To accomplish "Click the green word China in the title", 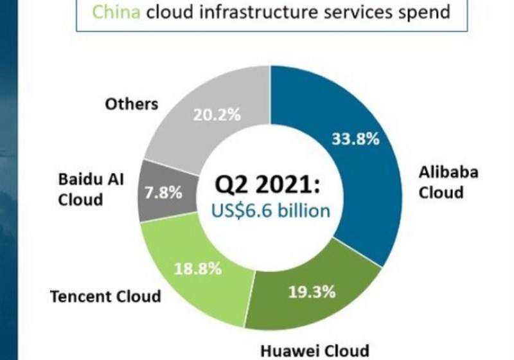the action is tap(116, 12).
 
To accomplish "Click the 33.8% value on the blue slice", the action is tap(356, 139).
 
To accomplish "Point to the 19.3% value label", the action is tap(312, 291).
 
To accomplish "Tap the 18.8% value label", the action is tap(198, 269).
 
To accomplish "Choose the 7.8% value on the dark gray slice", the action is tap(163, 192).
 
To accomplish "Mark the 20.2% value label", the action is tap(217, 115).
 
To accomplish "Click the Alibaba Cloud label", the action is tap(448, 183).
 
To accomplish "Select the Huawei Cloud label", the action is tap(315, 351).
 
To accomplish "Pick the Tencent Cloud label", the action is tap(105, 296).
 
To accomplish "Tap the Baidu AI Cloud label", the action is tap(91, 190).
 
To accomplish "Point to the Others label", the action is tap(132, 104).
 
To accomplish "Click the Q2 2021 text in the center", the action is tap(267, 184).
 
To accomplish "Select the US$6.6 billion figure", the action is tap(270, 211).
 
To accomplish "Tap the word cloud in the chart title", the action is tap(170, 12).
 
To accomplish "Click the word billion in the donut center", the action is tap(304, 210).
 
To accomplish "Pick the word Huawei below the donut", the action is tap(286, 351).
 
